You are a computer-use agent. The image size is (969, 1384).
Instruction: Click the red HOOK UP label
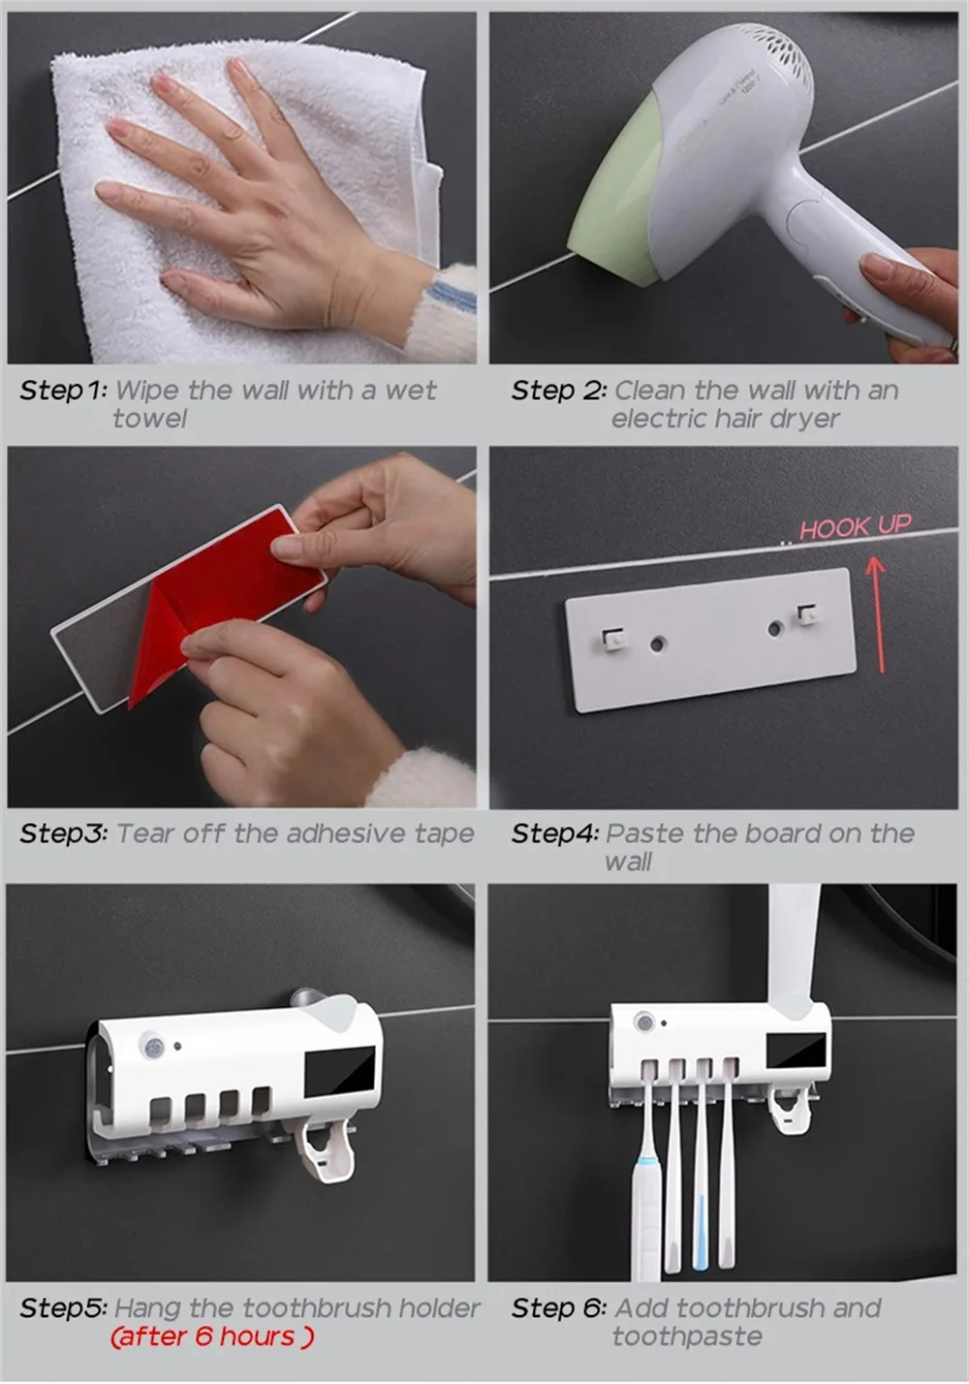[x=855, y=527]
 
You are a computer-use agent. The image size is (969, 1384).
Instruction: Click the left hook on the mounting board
[x=612, y=641]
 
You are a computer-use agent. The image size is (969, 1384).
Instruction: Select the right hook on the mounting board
[x=806, y=615]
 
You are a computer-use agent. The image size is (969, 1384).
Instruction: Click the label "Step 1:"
[x=63, y=390]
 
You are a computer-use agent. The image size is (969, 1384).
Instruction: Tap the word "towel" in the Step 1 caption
[x=149, y=419]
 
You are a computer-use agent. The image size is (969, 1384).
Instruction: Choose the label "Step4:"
[x=554, y=834]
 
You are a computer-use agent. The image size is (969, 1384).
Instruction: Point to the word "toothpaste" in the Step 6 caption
[x=687, y=1337]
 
